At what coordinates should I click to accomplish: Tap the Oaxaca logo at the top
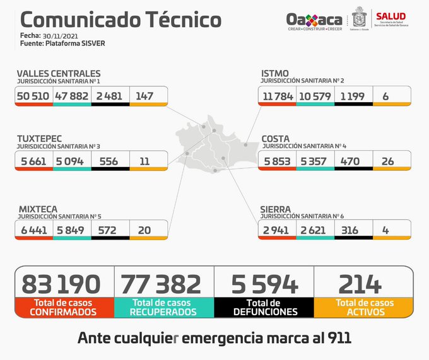point(314,21)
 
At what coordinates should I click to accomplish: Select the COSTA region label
point(276,138)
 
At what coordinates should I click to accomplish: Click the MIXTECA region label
point(37,208)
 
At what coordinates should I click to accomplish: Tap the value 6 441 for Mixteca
point(34,230)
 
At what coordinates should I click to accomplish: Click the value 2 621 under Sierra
point(314,230)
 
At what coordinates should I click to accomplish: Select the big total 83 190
point(61,284)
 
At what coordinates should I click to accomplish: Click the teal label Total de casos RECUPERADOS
point(163,307)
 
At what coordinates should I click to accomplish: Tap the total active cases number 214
point(360,284)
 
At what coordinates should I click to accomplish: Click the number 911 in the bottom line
point(338,337)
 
